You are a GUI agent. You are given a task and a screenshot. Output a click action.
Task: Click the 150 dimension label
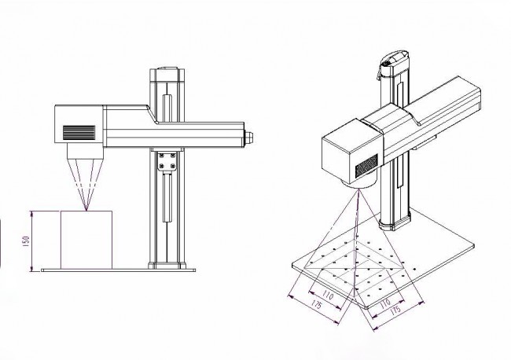[x=27, y=241]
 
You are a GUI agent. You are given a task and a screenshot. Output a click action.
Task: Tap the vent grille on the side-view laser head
[x=79, y=133]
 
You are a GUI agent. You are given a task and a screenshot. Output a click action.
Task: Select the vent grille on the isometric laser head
[x=366, y=166]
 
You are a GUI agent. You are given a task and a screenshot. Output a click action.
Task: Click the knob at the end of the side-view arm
[x=248, y=137]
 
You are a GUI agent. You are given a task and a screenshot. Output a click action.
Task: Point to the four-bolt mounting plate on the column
[x=167, y=162]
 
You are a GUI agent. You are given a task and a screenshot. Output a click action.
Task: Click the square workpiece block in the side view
[x=86, y=240]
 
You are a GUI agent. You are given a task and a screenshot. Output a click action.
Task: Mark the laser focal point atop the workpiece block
[x=86, y=210]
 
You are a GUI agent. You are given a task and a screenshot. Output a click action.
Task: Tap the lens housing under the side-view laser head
[x=85, y=152]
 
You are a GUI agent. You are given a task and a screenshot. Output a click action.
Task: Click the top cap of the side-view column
[x=167, y=75]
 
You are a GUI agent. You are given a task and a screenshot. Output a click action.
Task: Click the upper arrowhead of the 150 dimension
[x=31, y=213]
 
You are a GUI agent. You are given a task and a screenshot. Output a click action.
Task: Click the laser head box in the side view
[x=79, y=124]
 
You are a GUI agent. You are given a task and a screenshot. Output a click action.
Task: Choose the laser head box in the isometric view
[x=351, y=152]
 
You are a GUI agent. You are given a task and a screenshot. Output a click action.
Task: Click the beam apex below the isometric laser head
[x=358, y=189]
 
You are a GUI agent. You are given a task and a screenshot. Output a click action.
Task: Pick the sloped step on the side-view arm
[x=153, y=114]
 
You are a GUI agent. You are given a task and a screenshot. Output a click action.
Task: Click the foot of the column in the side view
[x=167, y=265]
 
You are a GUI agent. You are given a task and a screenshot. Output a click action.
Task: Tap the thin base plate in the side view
[x=118, y=270]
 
